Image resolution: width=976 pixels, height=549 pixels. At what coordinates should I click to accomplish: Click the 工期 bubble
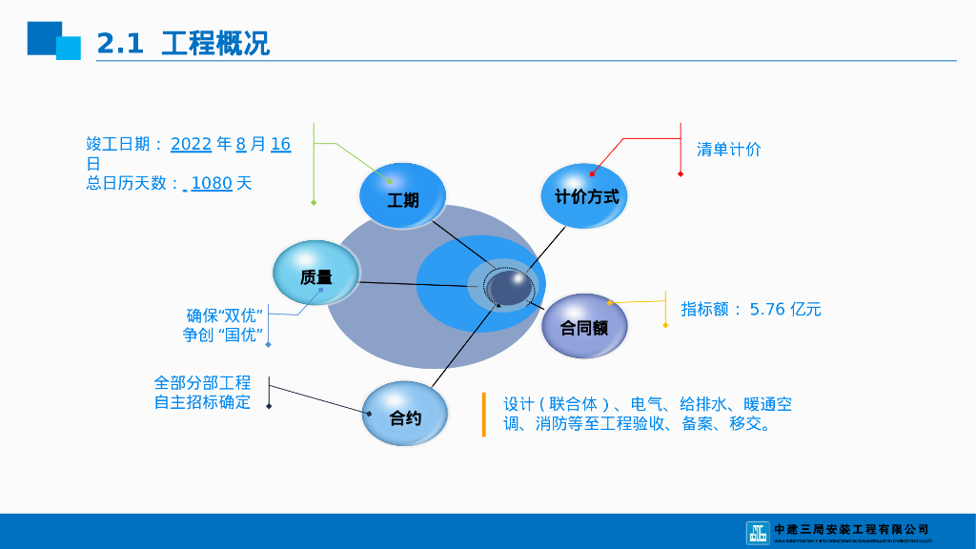click(x=402, y=197)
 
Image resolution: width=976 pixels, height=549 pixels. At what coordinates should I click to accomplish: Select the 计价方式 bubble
click(x=585, y=196)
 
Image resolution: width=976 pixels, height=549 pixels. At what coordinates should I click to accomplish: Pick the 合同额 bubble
click(x=584, y=326)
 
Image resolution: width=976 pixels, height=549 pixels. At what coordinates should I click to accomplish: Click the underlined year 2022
click(x=191, y=144)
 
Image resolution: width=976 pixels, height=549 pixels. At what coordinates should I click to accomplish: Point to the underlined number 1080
click(x=212, y=183)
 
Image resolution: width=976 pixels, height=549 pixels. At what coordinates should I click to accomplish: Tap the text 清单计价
click(x=728, y=149)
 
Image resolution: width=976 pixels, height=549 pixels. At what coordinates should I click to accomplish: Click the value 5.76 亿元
click(x=784, y=309)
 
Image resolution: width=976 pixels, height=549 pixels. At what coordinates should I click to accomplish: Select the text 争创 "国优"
click(x=223, y=335)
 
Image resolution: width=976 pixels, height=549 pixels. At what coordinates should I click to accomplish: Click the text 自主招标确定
click(x=202, y=402)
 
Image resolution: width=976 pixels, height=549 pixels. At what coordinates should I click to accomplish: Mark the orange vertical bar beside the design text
click(x=483, y=415)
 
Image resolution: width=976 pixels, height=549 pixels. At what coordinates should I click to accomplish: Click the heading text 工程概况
click(x=215, y=43)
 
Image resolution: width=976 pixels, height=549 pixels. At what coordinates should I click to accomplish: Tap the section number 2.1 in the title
click(x=120, y=43)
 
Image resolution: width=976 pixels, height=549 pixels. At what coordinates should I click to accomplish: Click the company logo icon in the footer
click(x=757, y=532)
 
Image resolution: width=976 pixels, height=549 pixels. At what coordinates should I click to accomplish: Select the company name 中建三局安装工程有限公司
click(x=851, y=529)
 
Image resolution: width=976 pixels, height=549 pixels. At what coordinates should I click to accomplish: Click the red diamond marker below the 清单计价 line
click(x=681, y=173)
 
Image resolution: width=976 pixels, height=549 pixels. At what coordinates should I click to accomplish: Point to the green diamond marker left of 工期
click(x=314, y=202)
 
